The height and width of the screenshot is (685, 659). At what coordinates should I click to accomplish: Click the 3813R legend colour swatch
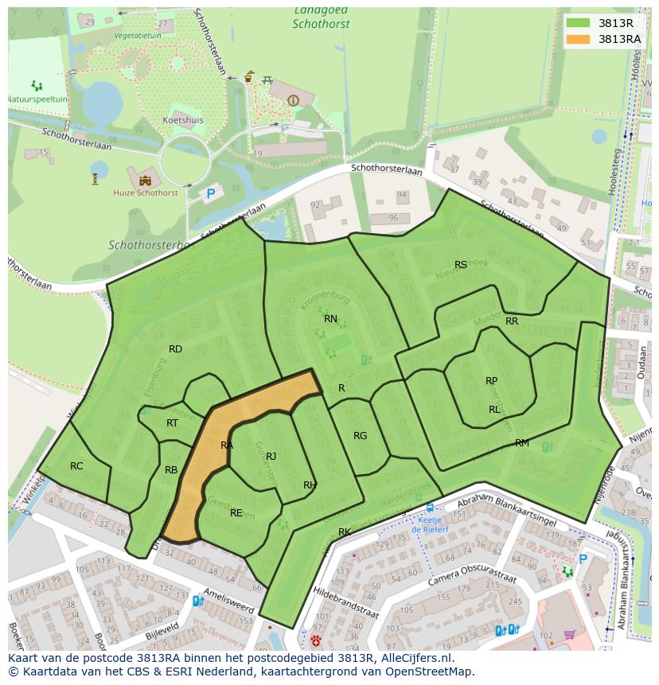(578, 23)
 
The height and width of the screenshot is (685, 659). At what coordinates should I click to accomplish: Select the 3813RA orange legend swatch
(578, 39)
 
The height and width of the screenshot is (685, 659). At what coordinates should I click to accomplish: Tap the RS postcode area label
(461, 265)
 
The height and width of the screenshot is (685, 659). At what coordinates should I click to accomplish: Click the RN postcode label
(330, 319)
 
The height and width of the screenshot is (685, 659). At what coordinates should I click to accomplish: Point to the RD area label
(175, 349)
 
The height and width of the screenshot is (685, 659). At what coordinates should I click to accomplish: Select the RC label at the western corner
(76, 466)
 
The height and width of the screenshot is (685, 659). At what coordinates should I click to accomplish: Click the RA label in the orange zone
(227, 446)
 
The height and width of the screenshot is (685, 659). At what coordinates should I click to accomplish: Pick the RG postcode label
(361, 436)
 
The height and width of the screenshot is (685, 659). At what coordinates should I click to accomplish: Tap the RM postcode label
(522, 443)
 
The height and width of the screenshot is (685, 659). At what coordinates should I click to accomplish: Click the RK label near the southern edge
(345, 532)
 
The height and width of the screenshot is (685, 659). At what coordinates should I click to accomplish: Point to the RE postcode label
(236, 513)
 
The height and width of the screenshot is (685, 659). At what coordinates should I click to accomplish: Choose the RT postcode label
(172, 423)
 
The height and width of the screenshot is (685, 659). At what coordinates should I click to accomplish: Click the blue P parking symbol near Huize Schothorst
(211, 193)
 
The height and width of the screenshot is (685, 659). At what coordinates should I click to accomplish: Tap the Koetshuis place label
(183, 121)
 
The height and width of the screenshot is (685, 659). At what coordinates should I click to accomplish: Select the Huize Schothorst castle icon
(145, 178)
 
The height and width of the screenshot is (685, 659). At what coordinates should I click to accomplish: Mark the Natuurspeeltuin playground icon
(36, 85)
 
